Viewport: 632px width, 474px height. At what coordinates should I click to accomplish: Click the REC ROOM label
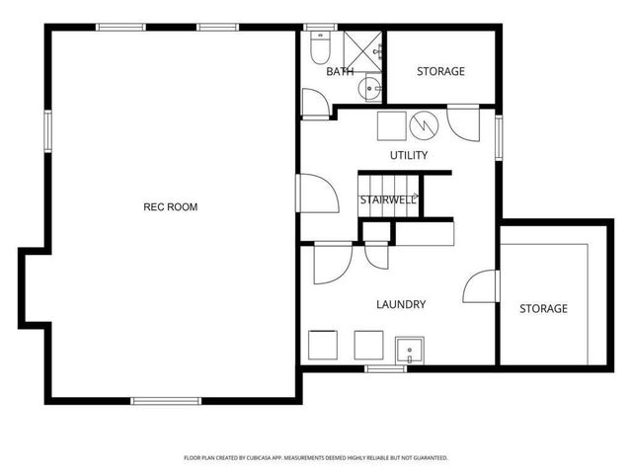tap(171, 206)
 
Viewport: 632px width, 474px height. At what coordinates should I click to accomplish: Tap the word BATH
tap(340, 71)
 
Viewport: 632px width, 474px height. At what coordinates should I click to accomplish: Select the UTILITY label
tap(408, 155)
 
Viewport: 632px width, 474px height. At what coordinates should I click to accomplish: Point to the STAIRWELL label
tap(387, 200)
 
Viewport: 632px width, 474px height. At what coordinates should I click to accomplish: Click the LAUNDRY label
tap(401, 304)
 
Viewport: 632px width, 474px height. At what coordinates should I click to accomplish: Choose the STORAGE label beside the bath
tap(440, 71)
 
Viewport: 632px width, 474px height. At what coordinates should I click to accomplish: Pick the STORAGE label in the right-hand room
tap(544, 308)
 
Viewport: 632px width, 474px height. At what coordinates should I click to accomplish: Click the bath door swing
tap(315, 102)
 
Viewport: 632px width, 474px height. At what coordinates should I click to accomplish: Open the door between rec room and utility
tap(315, 192)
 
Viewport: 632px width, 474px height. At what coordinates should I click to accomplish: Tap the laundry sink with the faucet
tap(409, 350)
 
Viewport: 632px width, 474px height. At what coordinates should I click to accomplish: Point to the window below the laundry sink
tap(380, 368)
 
